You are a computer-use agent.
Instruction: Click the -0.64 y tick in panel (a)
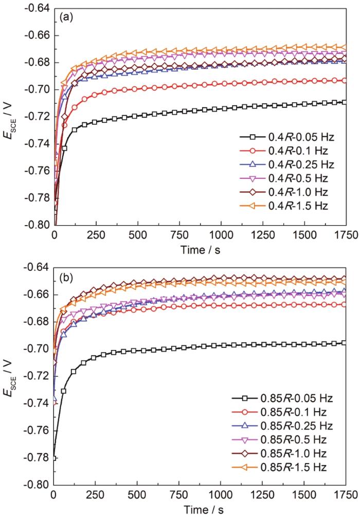(39, 9)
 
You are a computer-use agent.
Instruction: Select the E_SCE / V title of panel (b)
(10, 376)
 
